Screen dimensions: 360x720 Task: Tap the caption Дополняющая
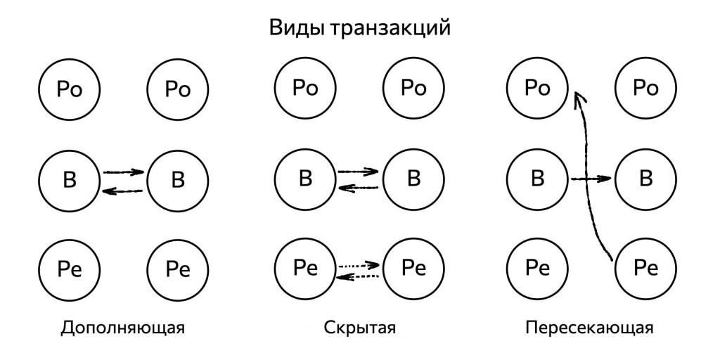[123, 328]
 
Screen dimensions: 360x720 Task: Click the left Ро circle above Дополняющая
[70, 89]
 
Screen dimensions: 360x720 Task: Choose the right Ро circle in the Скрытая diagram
[413, 89]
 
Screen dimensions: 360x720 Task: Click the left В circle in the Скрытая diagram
[305, 179]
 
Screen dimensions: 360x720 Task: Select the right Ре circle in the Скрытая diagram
[413, 269]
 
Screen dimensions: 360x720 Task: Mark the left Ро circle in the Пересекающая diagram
[538, 89]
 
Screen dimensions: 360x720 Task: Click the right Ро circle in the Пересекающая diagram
[646, 89]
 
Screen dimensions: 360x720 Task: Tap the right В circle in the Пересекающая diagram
[646, 179]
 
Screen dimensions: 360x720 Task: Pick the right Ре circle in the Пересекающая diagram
[646, 269]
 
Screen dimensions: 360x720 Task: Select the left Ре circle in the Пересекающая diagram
[538, 269]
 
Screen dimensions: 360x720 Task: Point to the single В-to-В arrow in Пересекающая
[591, 179]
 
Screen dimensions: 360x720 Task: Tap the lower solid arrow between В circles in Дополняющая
[123, 191]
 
